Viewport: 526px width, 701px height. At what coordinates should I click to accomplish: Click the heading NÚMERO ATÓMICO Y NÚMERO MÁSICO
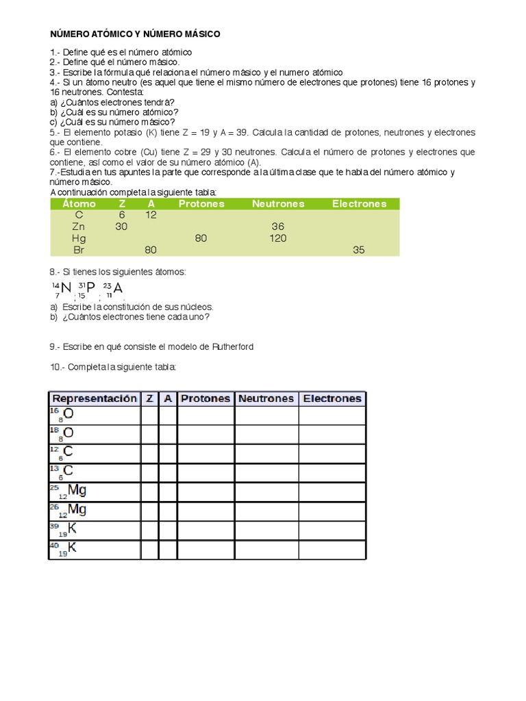click(x=135, y=34)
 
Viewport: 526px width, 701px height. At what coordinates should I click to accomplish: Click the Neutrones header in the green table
click(x=277, y=203)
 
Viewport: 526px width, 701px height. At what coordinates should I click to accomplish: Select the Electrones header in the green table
click(x=359, y=203)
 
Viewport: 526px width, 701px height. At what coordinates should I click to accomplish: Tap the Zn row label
click(x=79, y=227)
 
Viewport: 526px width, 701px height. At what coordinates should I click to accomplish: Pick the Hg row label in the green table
click(x=79, y=238)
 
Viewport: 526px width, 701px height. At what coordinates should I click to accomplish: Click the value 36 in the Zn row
click(x=277, y=227)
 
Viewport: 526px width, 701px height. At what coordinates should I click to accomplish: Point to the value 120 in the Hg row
click(x=277, y=238)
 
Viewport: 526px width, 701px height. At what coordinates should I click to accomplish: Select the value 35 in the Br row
click(x=359, y=250)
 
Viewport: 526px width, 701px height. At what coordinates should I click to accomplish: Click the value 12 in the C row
click(x=151, y=215)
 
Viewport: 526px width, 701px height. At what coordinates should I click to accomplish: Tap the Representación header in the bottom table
click(x=95, y=398)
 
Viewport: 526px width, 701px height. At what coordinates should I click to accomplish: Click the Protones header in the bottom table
click(x=206, y=398)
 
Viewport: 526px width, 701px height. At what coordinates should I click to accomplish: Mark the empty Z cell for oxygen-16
click(x=149, y=416)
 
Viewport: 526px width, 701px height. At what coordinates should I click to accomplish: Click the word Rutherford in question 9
click(x=230, y=347)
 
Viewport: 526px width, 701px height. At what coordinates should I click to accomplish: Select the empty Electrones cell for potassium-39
click(x=331, y=530)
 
